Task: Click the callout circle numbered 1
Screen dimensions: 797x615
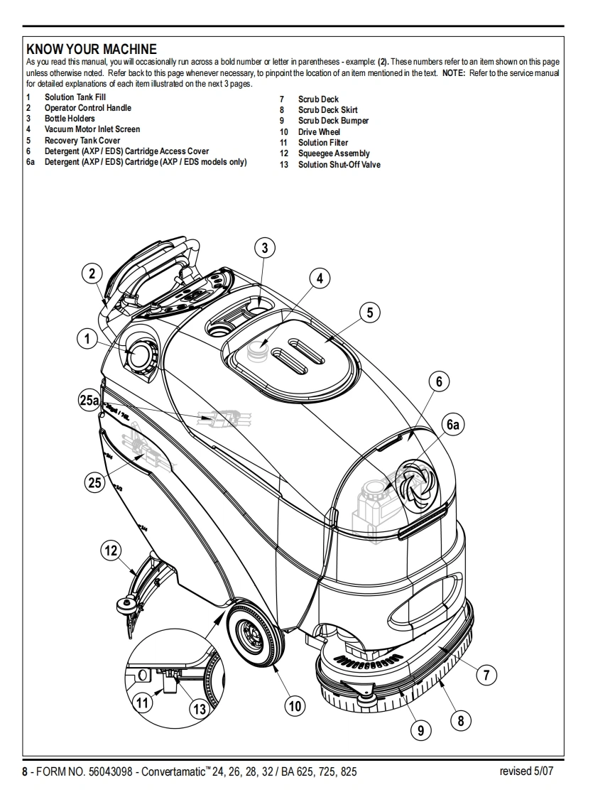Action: click(x=87, y=340)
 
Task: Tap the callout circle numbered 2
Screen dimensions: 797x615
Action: click(x=92, y=273)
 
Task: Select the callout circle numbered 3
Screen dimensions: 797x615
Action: click(x=265, y=247)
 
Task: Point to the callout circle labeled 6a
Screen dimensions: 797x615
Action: click(x=453, y=425)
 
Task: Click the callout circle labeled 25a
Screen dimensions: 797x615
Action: click(x=89, y=401)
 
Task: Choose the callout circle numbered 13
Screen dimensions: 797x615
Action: click(x=200, y=708)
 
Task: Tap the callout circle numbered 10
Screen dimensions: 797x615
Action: click(x=294, y=705)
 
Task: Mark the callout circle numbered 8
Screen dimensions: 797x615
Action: click(x=460, y=721)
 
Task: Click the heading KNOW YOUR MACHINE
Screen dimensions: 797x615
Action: click(x=91, y=49)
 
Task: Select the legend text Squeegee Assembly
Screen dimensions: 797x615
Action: click(x=334, y=153)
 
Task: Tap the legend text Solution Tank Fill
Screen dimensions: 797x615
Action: click(x=75, y=97)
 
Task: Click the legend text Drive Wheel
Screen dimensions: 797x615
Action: click(x=319, y=132)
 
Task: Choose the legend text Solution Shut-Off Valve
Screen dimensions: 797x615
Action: click(x=339, y=165)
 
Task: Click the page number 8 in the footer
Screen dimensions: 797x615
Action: click(x=25, y=772)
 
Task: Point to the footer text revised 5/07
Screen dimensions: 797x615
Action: click(x=526, y=771)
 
